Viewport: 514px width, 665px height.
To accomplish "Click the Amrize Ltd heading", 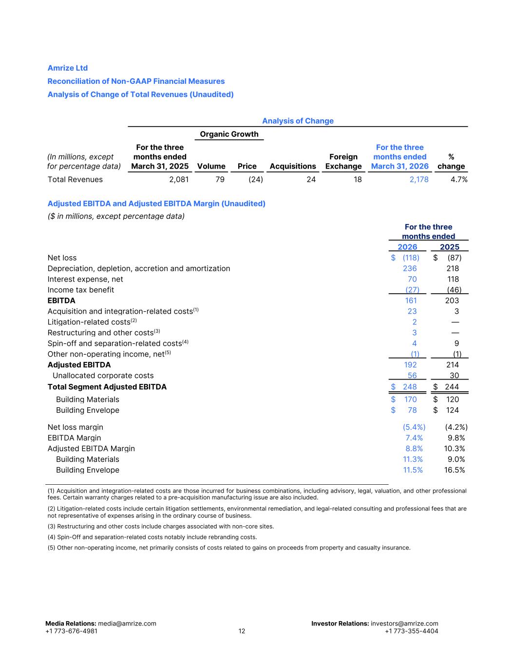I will coord(67,68).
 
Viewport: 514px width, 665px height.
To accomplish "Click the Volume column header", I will coord(211,166).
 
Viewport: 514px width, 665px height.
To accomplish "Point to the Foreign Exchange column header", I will coord(343,161).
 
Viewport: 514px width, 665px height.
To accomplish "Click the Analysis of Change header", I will coord(298,121).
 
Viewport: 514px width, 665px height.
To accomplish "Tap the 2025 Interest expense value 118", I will coord(453,279).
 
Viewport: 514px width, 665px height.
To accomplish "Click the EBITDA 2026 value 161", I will coord(411,301).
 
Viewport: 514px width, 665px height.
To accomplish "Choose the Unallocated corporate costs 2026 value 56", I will coord(412,376).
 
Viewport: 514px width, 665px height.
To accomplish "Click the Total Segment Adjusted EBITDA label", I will coord(107,387).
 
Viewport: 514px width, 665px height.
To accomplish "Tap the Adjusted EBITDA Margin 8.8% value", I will coord(414,449).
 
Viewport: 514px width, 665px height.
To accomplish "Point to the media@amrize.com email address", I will coord(127,624).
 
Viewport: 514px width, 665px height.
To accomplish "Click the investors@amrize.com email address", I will coord(404,624).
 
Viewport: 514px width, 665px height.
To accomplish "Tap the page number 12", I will coord(242,631).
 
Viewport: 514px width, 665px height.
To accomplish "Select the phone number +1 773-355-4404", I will coord(411,631).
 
